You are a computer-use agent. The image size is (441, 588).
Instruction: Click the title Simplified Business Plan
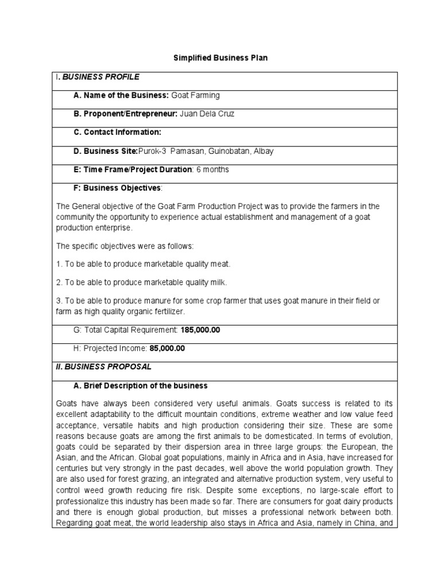221,58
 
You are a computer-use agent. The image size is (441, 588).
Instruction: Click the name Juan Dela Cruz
207,114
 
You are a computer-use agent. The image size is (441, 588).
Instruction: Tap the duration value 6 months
212,169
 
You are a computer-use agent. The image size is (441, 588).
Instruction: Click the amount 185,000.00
200,330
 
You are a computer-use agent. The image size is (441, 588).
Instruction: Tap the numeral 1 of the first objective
58,264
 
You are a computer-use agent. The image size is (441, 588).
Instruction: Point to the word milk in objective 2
219,282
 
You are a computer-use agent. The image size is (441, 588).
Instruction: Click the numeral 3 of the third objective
58,301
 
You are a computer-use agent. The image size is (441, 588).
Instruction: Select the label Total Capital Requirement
126,330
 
